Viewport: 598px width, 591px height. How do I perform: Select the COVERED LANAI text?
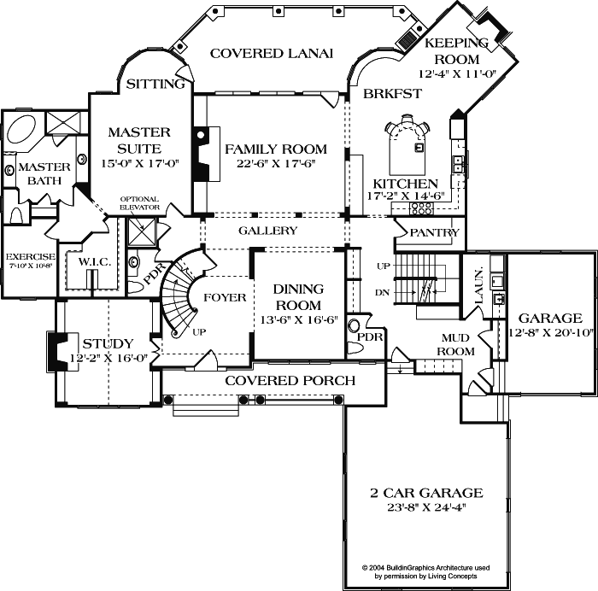click(271, 53)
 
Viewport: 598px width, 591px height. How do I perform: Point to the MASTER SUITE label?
click(139, 140)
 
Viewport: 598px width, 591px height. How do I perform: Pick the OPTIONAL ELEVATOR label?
click(139, 203)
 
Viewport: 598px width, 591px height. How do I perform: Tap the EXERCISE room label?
click(30, 256)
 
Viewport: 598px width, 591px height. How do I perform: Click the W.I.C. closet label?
click(95, 261)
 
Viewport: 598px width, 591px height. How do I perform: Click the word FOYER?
click(225, 298)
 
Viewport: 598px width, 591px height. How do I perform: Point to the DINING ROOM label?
click(298, 297)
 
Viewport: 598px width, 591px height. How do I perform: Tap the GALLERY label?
click(267, 231)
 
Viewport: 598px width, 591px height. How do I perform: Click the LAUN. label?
click(478, 282)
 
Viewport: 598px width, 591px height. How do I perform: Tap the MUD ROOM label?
click(455, 344)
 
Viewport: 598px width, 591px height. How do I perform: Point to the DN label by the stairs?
click(383, 293)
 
